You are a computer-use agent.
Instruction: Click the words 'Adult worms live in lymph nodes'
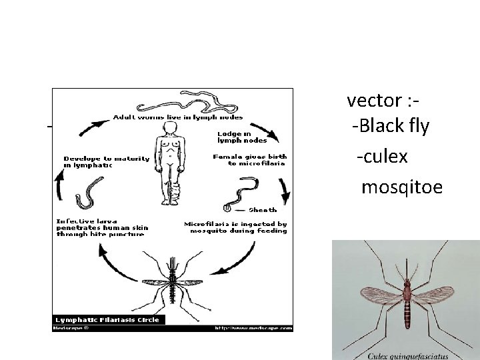coord(177,117)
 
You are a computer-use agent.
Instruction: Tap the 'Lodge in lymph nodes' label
coord(242,137)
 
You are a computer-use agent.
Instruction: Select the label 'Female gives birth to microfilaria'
coord(249,159)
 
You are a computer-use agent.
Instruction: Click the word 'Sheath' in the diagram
coord(262,209)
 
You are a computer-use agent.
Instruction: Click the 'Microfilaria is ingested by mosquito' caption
coord(235,228)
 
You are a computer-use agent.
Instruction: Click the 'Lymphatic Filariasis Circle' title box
coord(107,319)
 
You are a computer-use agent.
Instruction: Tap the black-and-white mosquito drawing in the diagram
coord(175,280)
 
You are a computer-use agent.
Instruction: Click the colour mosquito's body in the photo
coord(407,300)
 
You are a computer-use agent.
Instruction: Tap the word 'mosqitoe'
coord(401,187)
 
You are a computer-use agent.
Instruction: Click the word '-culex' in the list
coord(382,157)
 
